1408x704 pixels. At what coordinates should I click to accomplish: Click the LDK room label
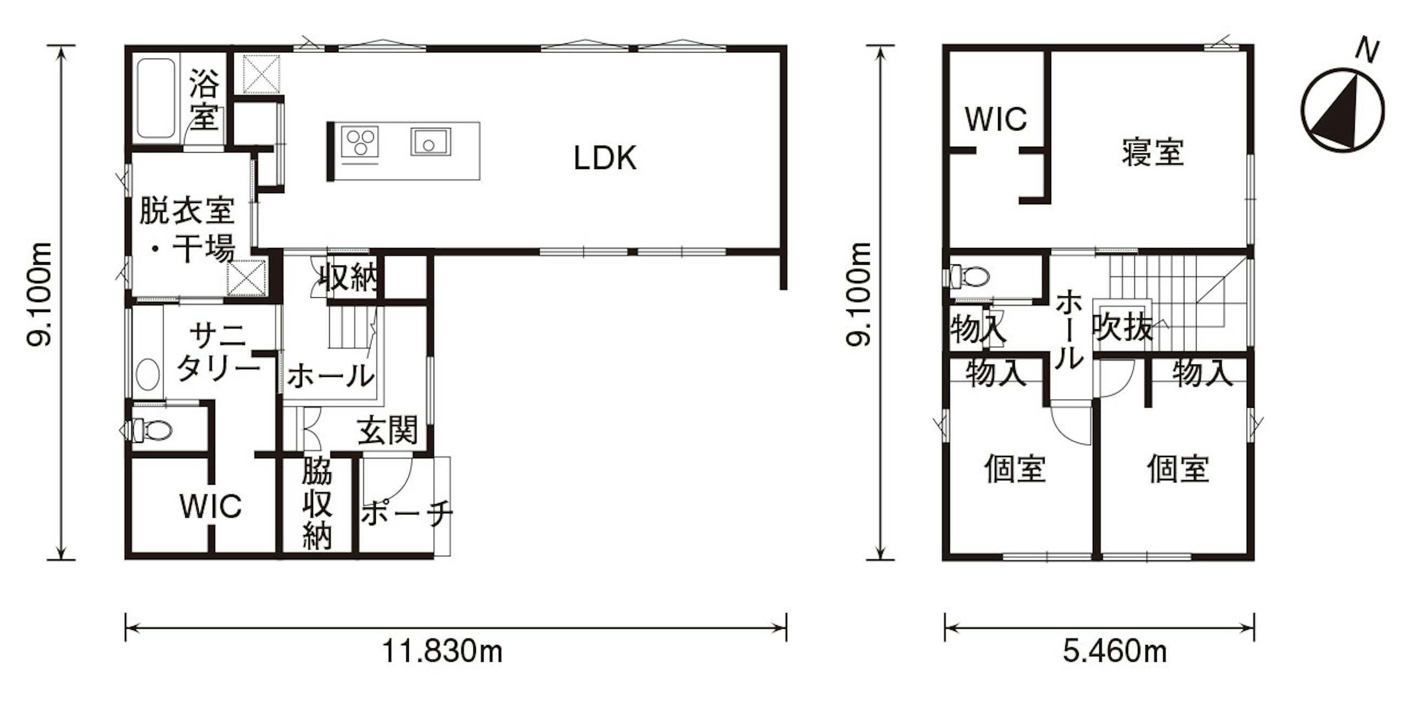[x=605, y=158]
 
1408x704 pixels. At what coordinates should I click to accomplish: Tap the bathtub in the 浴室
[x=156, y=99]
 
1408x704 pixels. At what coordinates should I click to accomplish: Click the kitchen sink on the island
[x=431, y=141]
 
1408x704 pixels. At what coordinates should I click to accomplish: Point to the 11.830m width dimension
[x=442, y=651]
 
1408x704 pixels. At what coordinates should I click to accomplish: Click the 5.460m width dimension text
[x=1115, y=651]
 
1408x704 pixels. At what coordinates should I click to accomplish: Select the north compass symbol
[x=1342, y=110]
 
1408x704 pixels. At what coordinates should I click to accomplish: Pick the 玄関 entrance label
[x=388, y=430]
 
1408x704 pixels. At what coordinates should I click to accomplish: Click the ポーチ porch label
[x=407, y=513]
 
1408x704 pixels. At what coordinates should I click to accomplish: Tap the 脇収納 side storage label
[x=317, y=507]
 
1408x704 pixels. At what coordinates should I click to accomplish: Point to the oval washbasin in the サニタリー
[x=148, y=374]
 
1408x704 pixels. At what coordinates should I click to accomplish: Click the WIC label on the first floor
[x=211, y=506]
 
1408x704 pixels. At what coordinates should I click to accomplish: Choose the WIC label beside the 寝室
[x=996, y=119]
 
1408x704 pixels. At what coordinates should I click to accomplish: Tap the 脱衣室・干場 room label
[x=187, y=230]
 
